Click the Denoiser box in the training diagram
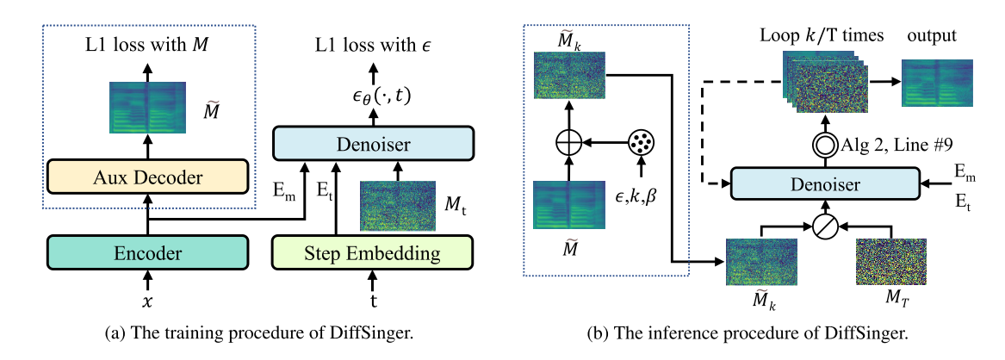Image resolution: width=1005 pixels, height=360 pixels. click(x=373, y=144)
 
